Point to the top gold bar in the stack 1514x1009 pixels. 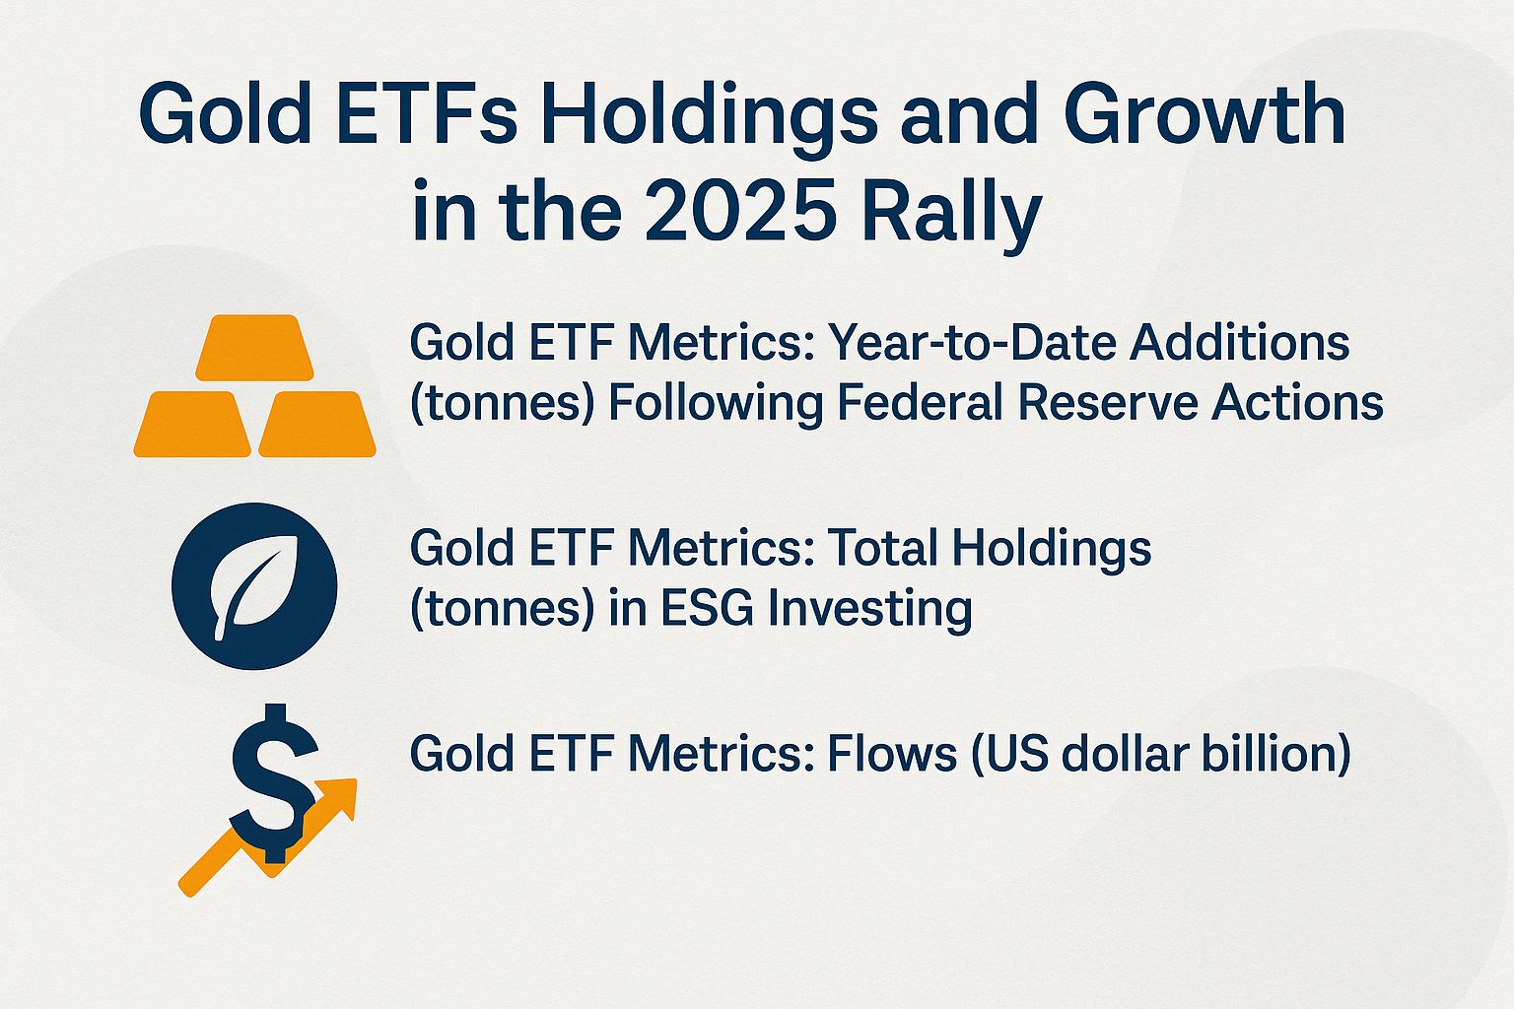click(x=254, y=348)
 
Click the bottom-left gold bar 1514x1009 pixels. click(x=192, y=425)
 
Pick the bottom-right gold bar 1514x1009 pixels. click(x=317, y=425)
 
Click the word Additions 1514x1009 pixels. click(x=1239, y=343)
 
